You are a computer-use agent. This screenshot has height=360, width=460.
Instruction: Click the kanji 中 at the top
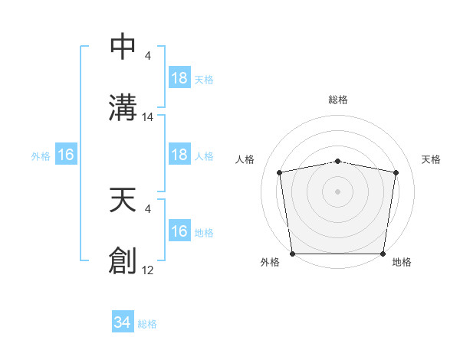tap(123, 47)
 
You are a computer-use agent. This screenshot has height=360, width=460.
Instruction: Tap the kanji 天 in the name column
tap(123, 200)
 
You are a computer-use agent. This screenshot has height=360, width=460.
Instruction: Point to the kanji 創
tap(123, 260)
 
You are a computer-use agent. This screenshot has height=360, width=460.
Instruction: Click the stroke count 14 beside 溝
tap(148, 117)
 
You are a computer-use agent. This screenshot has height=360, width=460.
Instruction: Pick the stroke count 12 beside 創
tap(148, 270)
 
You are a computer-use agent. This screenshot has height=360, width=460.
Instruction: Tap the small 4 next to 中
tap(147, 56)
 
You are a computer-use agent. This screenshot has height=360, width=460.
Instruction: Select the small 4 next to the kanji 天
tap(147, 208)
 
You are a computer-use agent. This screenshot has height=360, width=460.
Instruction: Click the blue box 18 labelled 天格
tap(179, 78)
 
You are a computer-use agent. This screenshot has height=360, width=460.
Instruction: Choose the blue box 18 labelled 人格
tap(179, 155)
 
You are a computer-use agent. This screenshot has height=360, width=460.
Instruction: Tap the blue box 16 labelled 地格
tap(179, 231)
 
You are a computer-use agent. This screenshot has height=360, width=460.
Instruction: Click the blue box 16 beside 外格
tap(66, 155)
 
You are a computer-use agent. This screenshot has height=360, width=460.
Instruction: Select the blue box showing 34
tap(123, 322)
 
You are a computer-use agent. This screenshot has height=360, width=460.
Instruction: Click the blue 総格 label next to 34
tap(147, 324)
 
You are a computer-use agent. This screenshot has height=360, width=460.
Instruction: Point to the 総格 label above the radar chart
tap(338, 100)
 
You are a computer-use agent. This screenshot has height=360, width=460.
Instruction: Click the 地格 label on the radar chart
tap(402, 263)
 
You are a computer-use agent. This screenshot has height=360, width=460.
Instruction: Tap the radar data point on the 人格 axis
tap(280, 172)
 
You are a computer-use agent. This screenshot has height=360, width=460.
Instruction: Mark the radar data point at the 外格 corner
tap(293, 254)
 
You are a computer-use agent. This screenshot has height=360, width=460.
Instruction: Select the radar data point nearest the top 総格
tap(337, 161)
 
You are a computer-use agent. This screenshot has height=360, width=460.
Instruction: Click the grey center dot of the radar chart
tap(337, 191)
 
